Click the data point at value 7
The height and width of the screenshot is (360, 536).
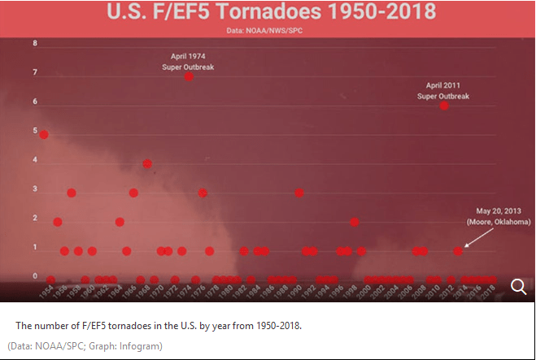point(189,76)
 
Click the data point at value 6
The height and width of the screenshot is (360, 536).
point(444,105)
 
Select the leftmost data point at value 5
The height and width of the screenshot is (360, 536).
point(44,134)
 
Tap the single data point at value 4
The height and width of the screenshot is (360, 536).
point(147,163)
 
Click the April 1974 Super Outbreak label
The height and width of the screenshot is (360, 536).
point(188,62)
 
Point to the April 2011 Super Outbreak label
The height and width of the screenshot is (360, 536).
point(444,90)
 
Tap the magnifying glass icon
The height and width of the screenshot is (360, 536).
point(518,285)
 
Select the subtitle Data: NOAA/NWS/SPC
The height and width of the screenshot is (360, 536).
point(268,30)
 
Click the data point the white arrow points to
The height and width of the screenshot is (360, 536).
point(458,251)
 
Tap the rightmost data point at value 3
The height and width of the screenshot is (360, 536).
point(299,193)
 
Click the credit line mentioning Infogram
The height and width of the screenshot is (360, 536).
point(85,346)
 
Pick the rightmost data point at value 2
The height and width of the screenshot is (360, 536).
point(355,222)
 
